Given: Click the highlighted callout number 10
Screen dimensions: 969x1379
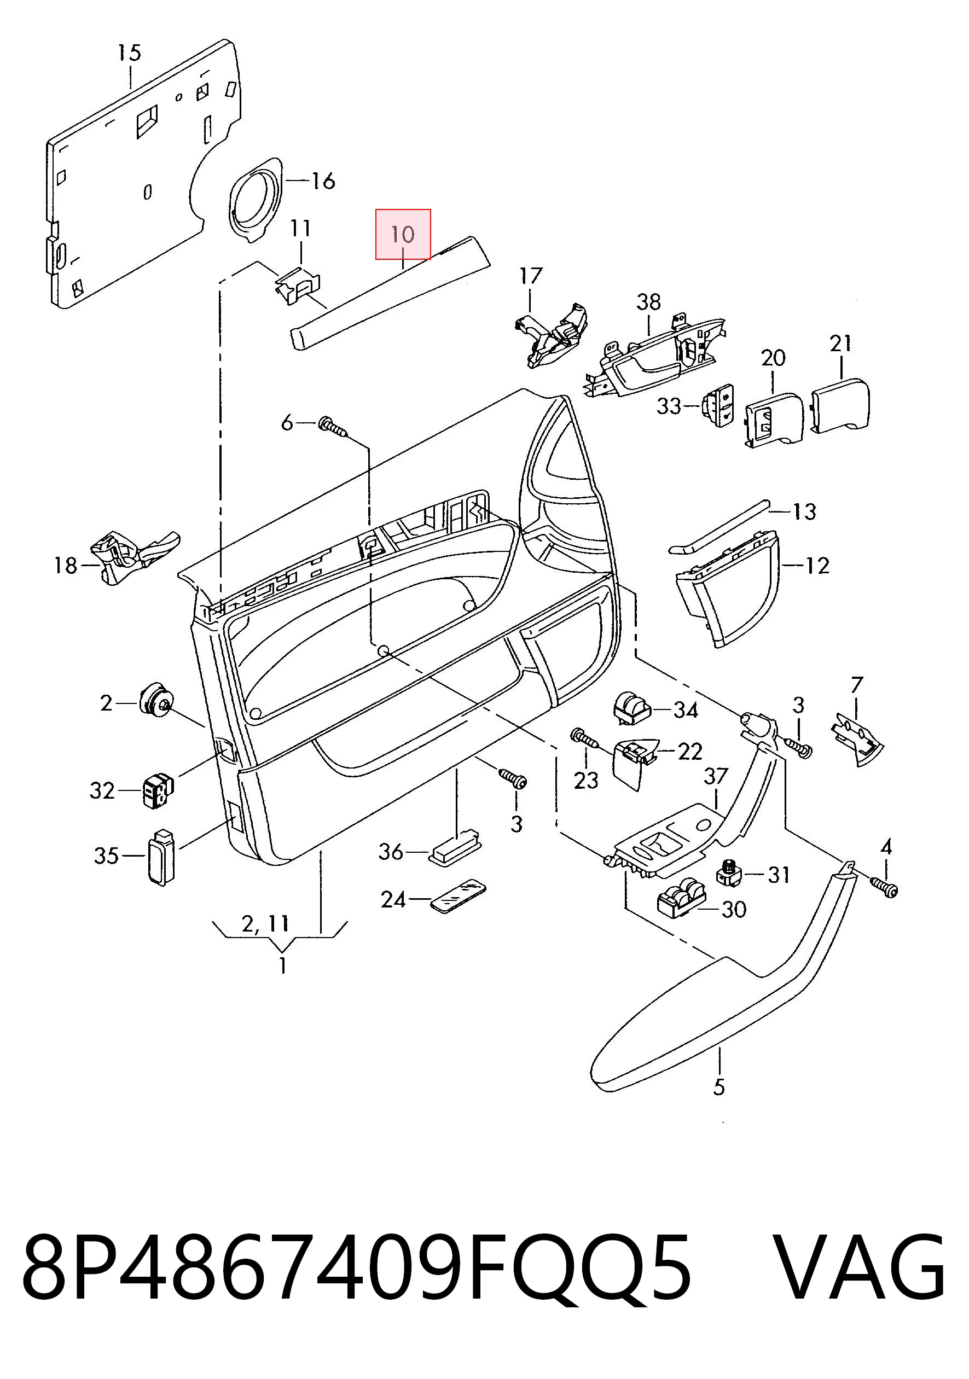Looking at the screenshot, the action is (403, 234).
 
